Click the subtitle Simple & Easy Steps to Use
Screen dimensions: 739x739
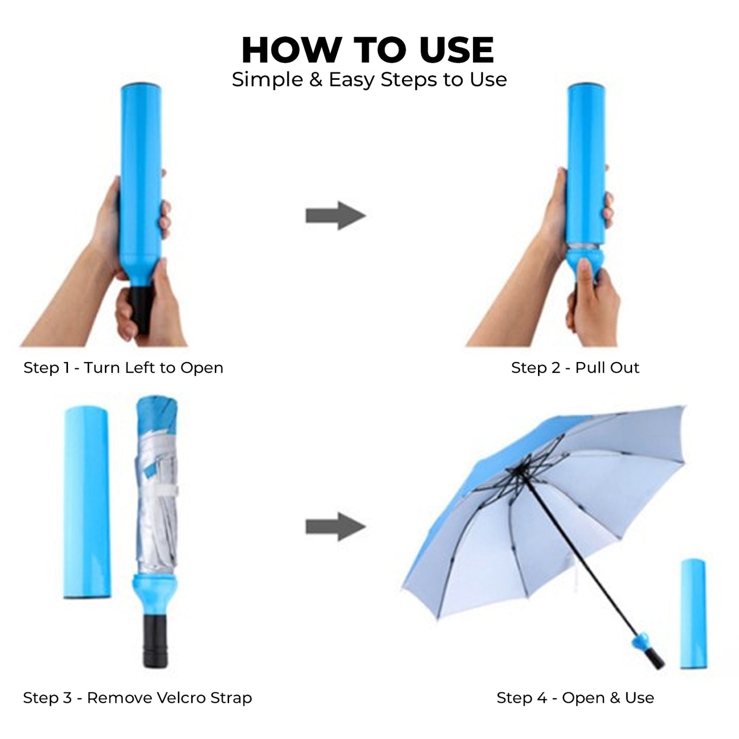[369, 80]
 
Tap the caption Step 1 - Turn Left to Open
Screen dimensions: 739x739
[123, 368]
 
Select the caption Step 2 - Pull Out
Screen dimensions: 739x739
[575, 367]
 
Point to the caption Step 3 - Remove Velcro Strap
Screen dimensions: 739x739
[137, 698]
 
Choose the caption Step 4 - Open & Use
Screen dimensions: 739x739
[575, 698]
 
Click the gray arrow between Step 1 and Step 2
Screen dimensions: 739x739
[335, 215]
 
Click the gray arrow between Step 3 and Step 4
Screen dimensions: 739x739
[335, 527]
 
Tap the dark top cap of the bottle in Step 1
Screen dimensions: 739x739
[141, 85]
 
